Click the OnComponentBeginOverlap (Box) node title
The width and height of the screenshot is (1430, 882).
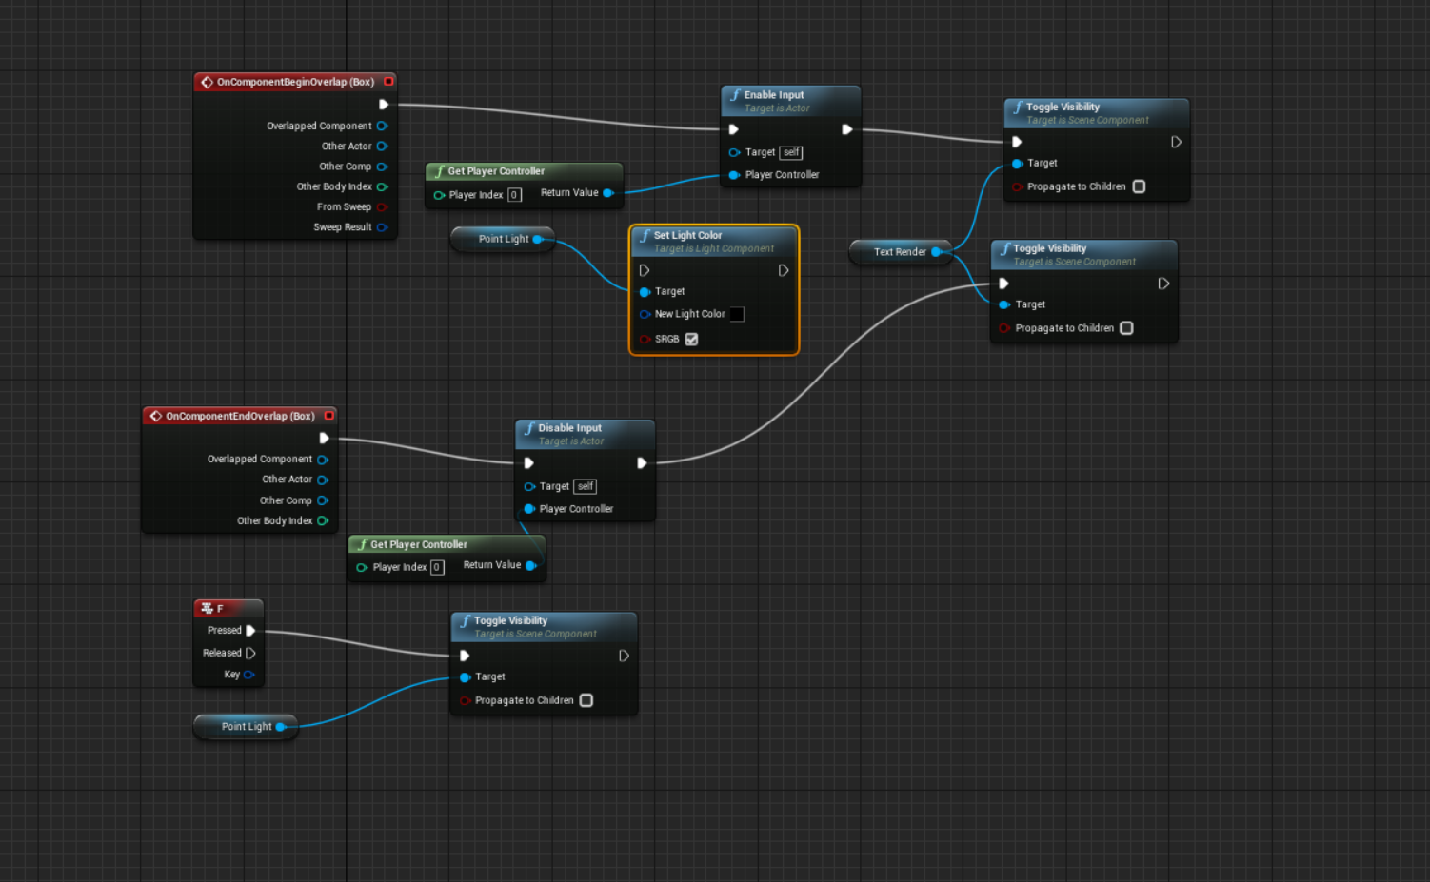[x=295, y=82]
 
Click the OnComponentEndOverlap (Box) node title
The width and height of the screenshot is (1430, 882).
[x=240, y=416]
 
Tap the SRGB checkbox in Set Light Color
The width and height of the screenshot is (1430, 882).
[x=692, y=339]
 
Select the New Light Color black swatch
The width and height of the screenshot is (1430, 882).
[x=737, y=314]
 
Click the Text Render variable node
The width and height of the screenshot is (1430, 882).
[x=900, y=252]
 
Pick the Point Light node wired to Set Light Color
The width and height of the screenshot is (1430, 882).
[x=504, y=239]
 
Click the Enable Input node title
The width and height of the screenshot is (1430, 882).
[x=774, y=95]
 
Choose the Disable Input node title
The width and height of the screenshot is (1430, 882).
[x=569, y=428]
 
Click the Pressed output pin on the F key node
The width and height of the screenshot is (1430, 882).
[x=250, y=630]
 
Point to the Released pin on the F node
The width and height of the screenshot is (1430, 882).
[x=250, y=653]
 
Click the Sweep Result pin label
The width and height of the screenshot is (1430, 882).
[x=343, y=227]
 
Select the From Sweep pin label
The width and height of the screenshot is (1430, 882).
[x=344, y=206]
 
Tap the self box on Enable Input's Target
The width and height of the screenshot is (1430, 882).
[x=791, y=152]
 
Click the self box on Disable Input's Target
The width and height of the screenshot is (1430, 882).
[x=586, y=486]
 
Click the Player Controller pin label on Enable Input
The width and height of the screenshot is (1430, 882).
[x=782, y=175]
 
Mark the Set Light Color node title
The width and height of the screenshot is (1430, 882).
[x=687, y=235]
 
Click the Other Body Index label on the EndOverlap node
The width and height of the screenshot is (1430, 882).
[x=274, y=520]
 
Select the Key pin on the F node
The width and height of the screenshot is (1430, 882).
[x=248, y=675]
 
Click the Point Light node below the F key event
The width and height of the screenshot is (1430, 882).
[x=247, y=727]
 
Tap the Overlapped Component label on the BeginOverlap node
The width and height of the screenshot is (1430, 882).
[x=319, y=126]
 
